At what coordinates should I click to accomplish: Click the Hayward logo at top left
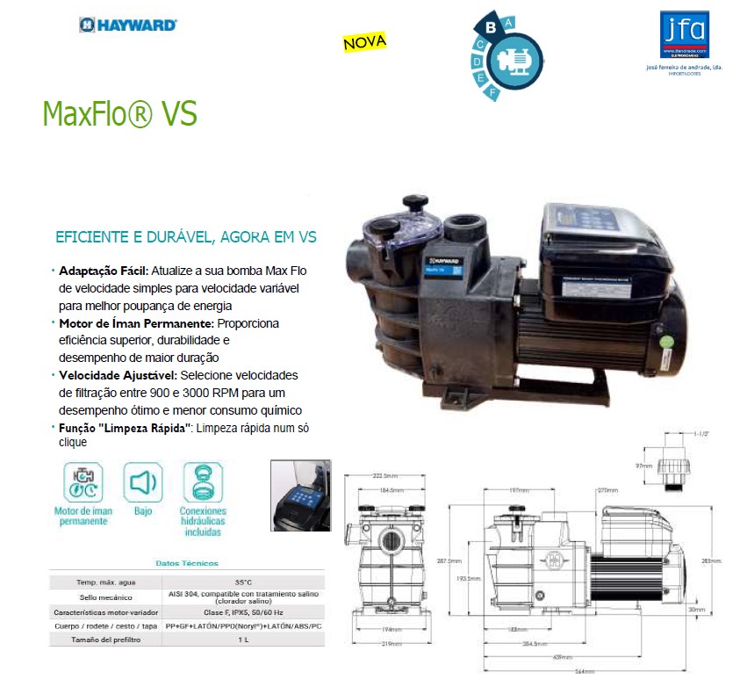pos(128,25)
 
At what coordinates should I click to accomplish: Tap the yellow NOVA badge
pos(364,41)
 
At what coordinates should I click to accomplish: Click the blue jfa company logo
pos(683,34)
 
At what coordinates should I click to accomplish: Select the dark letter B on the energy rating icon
pos(492,27)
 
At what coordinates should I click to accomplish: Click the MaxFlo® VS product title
pos(119,114)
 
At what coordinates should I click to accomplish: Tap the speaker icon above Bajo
pos(143,482)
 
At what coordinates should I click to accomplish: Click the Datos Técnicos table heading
pos(187,563)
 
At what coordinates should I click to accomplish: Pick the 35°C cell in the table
pos(242,582)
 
